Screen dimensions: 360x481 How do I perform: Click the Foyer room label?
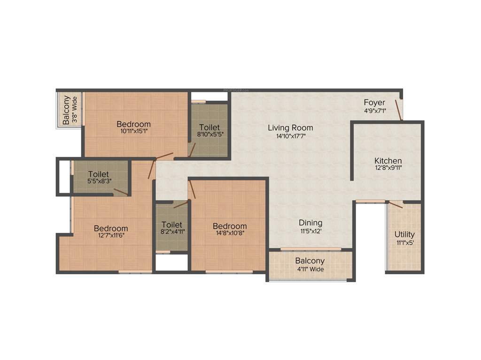point(374,103)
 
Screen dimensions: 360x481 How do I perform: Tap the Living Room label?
point(290,127)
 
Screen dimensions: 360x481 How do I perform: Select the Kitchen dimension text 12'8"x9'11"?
point(388,167)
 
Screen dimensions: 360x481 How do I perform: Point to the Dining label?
point(311,223)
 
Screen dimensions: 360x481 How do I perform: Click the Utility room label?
point(404,234)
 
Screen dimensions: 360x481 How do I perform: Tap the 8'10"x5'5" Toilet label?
point(209,134)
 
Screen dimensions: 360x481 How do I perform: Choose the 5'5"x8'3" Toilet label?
point(98,181)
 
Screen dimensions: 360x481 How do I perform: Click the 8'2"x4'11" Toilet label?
point(171,232)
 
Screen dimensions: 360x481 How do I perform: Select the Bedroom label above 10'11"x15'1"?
point(134,124)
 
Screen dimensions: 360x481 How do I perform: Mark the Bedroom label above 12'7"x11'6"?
point(111,229)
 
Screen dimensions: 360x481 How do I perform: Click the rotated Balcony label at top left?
point(67,110)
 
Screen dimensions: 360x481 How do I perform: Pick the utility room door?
point(396,204)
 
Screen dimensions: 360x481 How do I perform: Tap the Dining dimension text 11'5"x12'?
point(311,231)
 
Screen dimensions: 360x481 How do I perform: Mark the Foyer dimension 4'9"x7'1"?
point(374,111)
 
